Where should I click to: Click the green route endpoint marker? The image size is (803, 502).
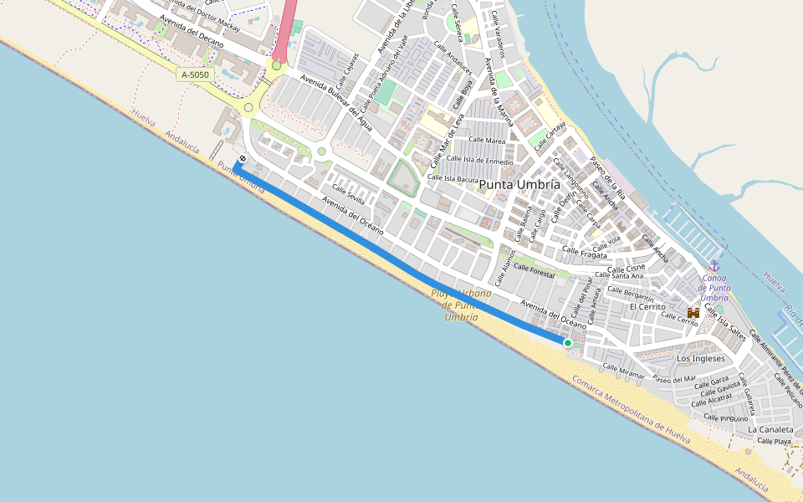coord(567,343)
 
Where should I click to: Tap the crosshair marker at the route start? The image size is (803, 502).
coord(242,159)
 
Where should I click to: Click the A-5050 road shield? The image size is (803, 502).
coord(195,75)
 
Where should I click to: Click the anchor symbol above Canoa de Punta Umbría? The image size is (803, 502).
coord(713,266)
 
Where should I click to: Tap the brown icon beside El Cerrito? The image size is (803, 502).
coord(693,311)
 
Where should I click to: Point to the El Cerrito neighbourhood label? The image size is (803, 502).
coord(647,307)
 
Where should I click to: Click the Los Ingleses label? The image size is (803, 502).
coord(701,358)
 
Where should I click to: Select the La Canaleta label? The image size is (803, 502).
coord(770,429)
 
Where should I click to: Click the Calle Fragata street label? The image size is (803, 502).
coord(584,251)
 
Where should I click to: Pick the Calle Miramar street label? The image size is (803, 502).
coord(624,369)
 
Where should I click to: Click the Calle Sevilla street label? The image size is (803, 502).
coord(349,193)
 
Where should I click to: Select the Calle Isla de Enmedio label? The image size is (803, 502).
coord(480,159)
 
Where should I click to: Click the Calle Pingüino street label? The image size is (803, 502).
coord(725,417)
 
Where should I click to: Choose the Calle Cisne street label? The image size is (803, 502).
coord(627,269)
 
